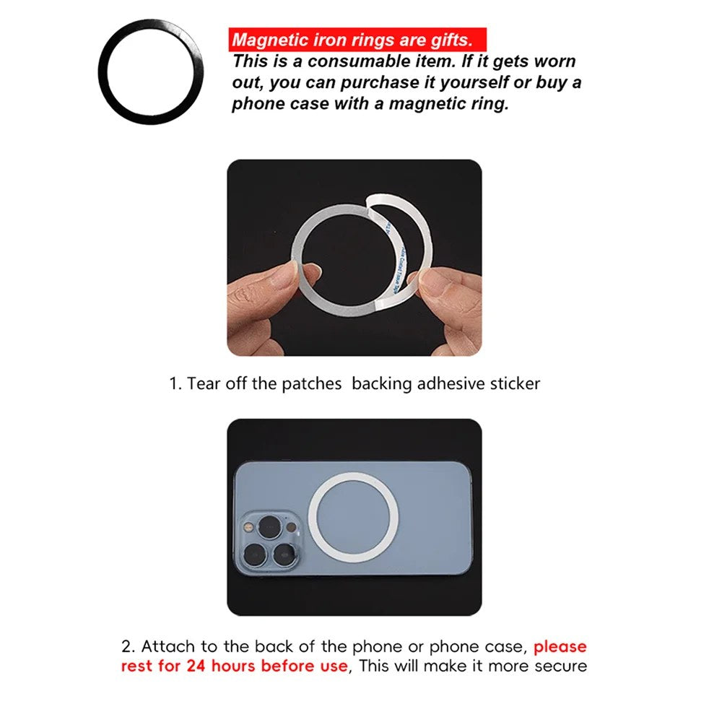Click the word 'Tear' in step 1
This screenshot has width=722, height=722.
coord(203,383)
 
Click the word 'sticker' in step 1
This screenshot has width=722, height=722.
coord(515,383)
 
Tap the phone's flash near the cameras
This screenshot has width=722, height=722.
coord(249,527)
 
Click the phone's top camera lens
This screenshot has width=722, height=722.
coord(270,527)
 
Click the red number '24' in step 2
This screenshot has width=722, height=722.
coord(196,666)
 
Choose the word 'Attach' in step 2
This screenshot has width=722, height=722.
coord(168,646)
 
